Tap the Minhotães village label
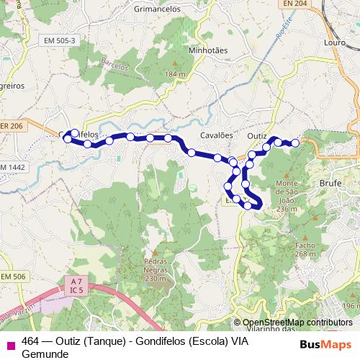[x=207, y=51]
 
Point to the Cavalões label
[x=217, y=135]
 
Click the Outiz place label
[x=256, y=135]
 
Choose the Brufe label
[x=330, y=184]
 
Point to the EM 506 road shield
[x=13, y=276]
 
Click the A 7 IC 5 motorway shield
[x=78, y=285]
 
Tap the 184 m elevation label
[x=175, y=74]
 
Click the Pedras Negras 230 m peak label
[x=155, y=269]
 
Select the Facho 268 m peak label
[x=305, y=249]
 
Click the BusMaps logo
[x=326, y=343]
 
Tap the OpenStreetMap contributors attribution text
[x=297, y=323]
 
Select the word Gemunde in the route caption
[x=45, y=354]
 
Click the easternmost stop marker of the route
[x=294, y=143]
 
